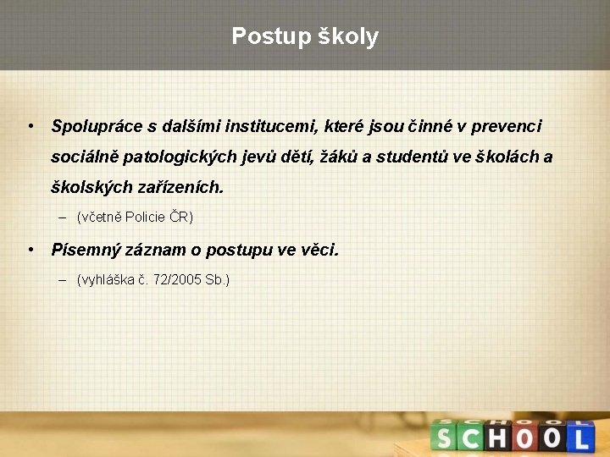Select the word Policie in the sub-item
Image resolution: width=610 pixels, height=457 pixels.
point(147,217)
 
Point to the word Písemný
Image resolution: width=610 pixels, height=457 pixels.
point(81,251)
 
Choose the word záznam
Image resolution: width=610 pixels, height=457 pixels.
point(147,251)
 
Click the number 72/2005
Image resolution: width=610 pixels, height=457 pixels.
point(173,279)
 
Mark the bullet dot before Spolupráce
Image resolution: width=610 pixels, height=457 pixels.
point(30,127)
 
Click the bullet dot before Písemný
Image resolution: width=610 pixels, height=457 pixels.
point(30,251)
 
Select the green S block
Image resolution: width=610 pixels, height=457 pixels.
point(443,437)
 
